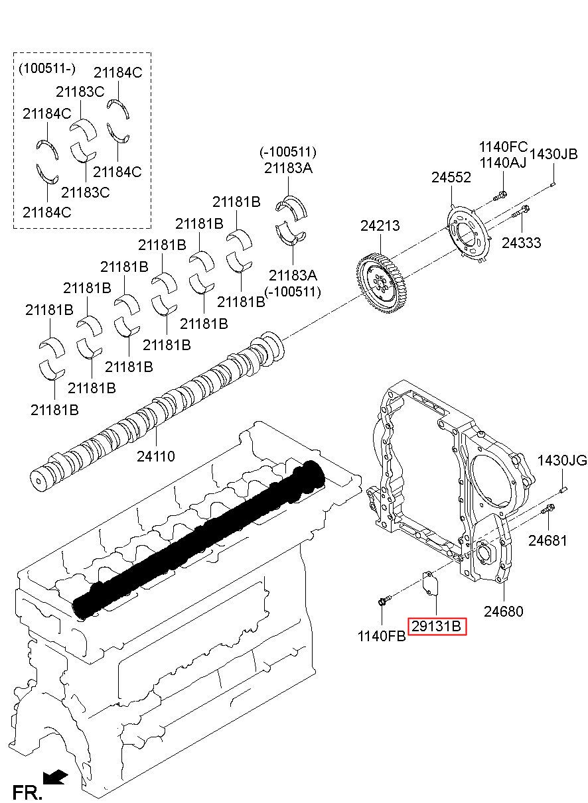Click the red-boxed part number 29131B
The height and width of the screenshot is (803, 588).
(x=437, y=626)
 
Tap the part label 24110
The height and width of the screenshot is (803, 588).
(x=156, y=456)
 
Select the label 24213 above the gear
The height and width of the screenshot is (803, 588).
(x=380, y=225)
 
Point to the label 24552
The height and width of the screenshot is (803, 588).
(x=451, y=178)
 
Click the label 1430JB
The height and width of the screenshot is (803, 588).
(x=553, y=154)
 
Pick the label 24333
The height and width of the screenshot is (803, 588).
(x=521, y=243)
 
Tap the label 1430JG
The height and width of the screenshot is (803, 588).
(x=562, y=460)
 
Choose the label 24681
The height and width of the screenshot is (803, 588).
(x=548, y=540)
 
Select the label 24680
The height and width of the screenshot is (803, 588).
(x=503, y=611)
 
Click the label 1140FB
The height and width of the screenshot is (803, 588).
(x=382, y=637)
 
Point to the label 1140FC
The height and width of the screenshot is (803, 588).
(x=503, y=147)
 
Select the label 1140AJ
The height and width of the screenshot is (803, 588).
(x=502, y=162)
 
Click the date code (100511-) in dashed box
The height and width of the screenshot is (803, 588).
(x=47, y=68)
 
